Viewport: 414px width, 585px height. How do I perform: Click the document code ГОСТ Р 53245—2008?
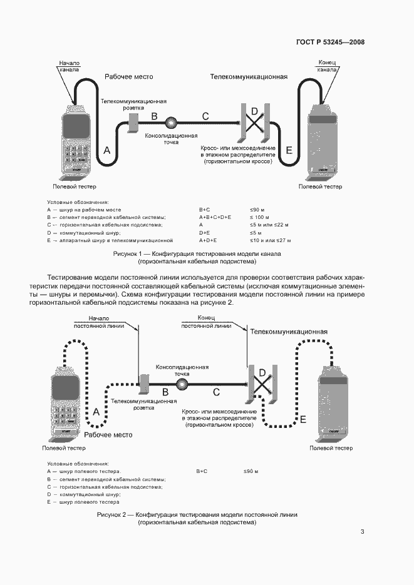(x=329, y=43)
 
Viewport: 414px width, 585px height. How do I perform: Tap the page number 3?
(x=362, y=532)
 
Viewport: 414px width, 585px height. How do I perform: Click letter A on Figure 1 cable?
(x=106, y=151)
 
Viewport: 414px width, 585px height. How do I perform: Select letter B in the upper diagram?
(x=154, y=116)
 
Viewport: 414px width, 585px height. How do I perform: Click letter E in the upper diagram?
(x=289, y=150)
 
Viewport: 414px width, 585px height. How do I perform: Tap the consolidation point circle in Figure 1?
(x=171, y=123)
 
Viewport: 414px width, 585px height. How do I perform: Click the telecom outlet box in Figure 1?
(x=133, y=123)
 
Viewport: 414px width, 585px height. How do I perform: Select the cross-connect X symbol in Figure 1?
(x=254, y=123)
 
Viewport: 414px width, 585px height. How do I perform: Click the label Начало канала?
(x=69, y=66)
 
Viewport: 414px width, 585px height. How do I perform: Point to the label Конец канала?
(x=328, y=66)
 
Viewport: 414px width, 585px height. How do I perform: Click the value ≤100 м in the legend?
(x=259, y=216)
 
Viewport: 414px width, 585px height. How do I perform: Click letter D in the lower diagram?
(x=263, y=374)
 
